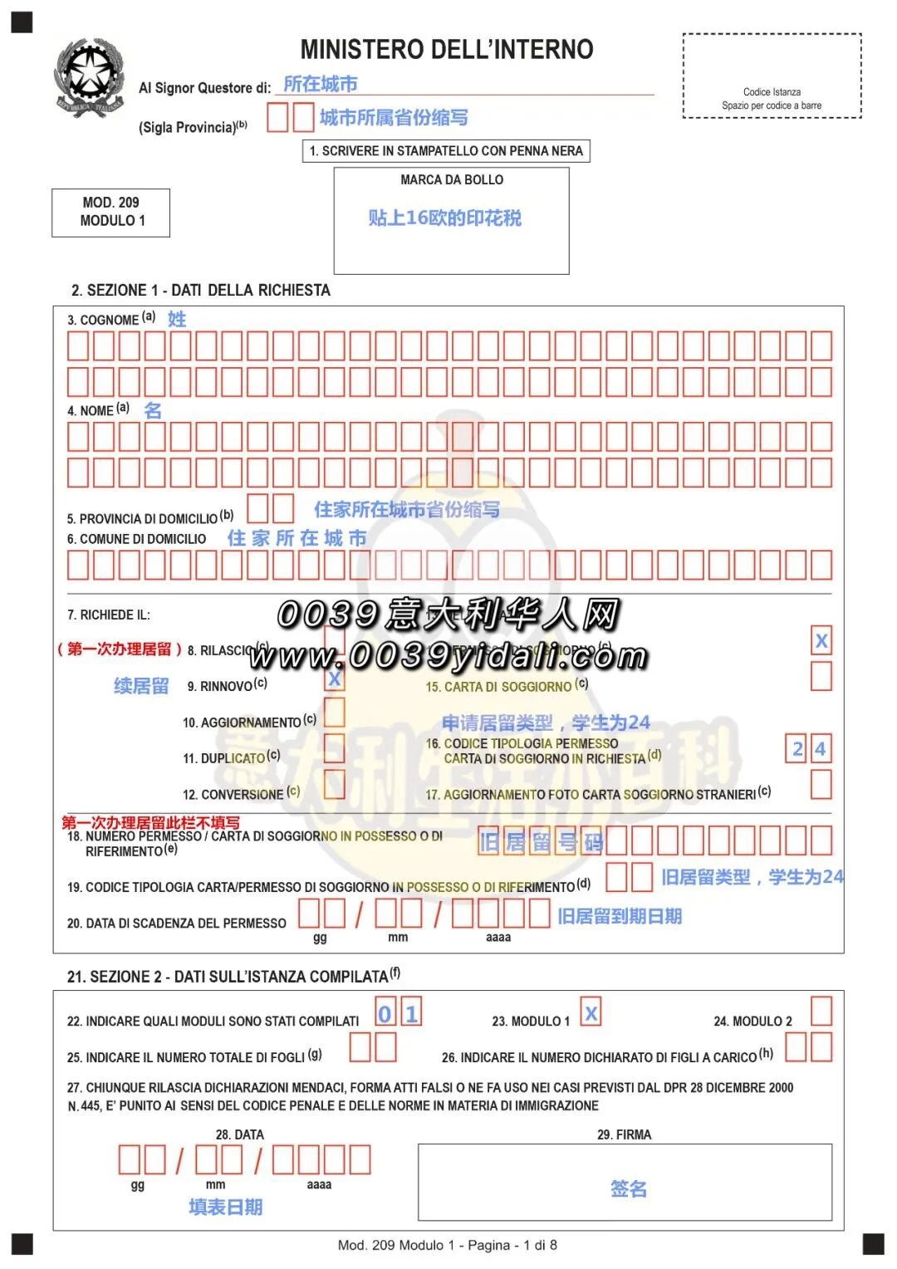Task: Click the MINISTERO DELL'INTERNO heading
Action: click(447, 50)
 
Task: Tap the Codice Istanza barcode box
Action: click(772, 76)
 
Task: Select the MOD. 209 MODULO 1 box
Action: click(111, 213)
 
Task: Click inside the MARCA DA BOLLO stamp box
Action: click(451, 221)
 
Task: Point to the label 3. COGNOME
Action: click(103, 320)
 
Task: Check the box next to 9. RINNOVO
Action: click(334, 679)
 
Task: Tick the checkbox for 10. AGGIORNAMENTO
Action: click(334, 713)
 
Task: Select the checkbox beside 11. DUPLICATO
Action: click(334, 748)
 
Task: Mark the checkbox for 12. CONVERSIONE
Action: click(334, 784)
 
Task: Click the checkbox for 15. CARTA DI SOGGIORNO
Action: click(821, 676)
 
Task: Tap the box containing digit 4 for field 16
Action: click(820, 749)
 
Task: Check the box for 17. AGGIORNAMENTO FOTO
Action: click(821, 784)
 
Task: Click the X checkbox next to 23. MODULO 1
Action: click(591, 1012)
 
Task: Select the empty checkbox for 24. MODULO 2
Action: click(821, 1012)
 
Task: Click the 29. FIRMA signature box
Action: click(625, 1182)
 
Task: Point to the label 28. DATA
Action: click(240, 1134)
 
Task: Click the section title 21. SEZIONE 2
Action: click(228, 977)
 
